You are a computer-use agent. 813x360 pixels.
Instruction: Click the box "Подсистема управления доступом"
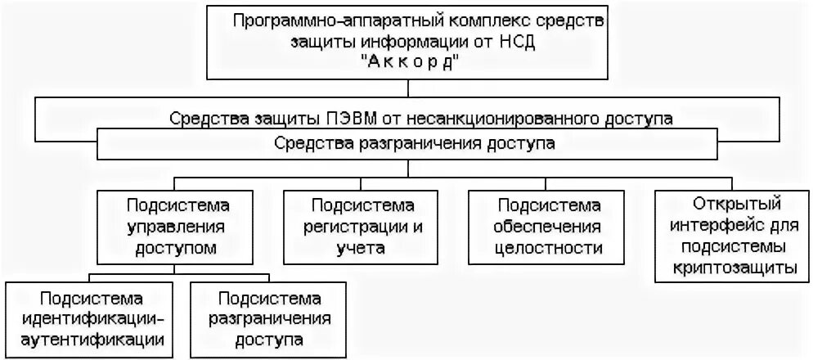(177, 225)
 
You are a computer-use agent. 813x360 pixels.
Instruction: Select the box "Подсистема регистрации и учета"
(360, 225)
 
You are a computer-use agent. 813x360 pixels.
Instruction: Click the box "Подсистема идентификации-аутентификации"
(91, 317)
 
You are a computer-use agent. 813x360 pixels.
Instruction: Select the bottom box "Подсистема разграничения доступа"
(267, 317)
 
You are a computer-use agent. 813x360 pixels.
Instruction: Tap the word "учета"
(360, 248)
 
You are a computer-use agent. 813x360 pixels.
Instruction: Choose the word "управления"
(177, 225)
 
